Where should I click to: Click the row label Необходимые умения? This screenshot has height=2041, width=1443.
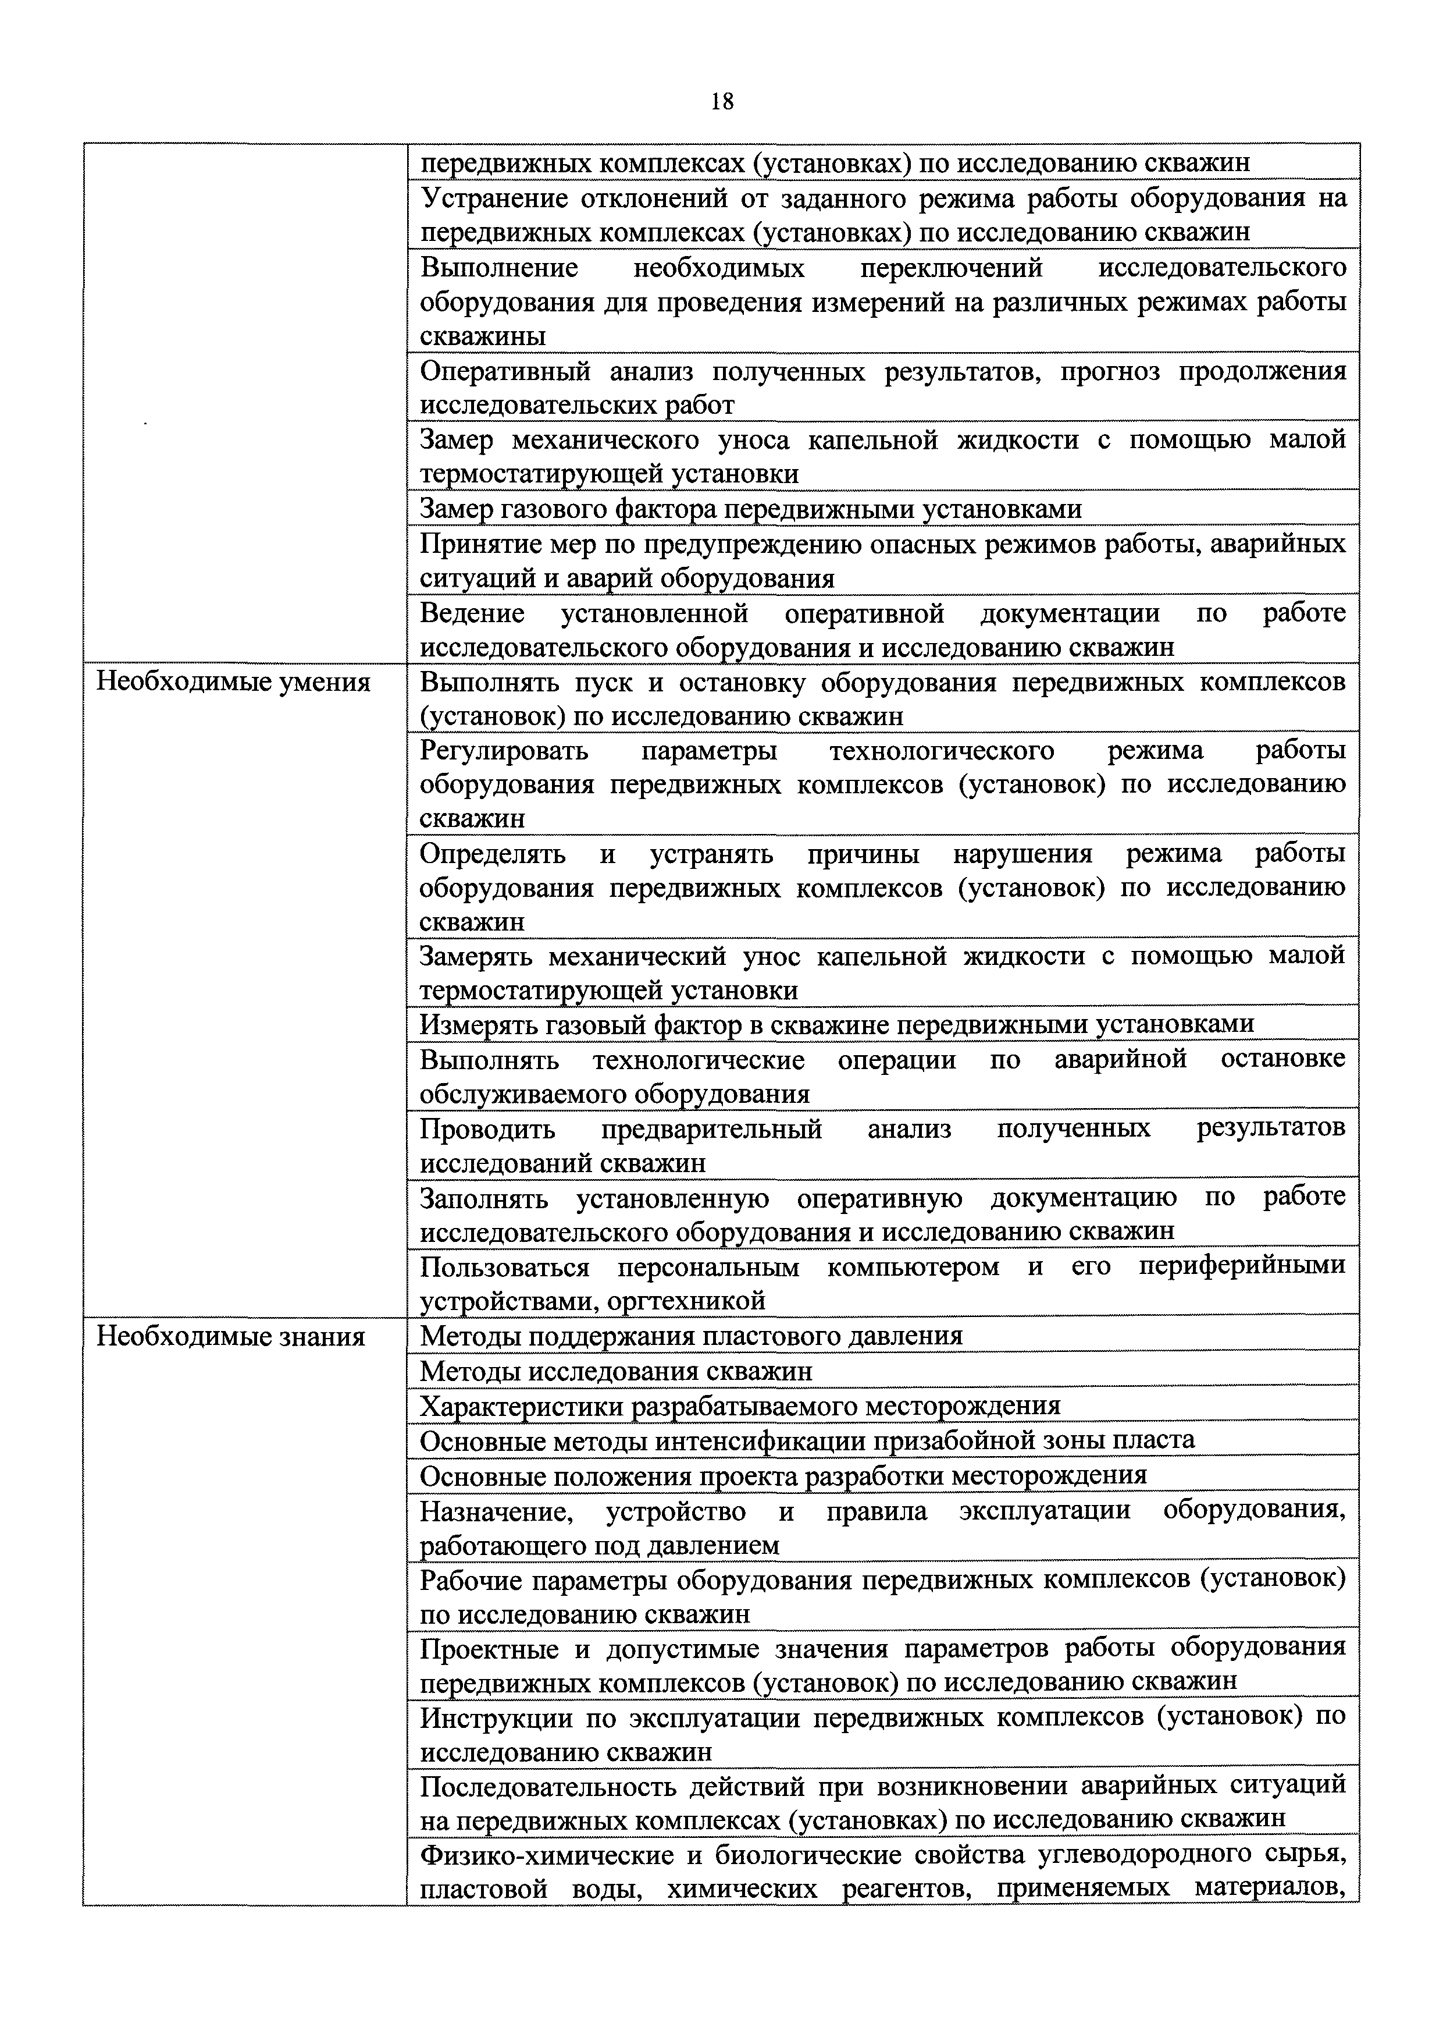point(233,683)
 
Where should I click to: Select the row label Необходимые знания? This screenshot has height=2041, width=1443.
point(230,1337)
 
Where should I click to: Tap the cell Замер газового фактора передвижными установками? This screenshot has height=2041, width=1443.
point(751,509)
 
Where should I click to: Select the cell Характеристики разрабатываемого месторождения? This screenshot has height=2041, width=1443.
point(740,1406)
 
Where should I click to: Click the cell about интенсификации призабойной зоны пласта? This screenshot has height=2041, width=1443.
point(807,1440)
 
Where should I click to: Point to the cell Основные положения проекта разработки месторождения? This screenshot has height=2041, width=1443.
point(783,1476)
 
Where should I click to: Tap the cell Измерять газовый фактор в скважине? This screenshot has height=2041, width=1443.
point(837,1024)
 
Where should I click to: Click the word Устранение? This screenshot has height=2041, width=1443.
point(490,197)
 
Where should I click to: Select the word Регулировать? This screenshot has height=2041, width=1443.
point(504,751)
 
